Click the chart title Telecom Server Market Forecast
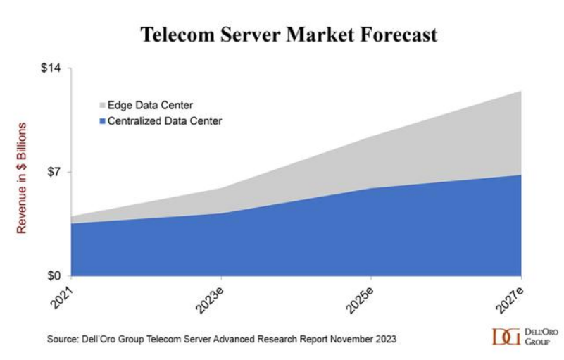[289, 35]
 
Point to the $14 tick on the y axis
[51, 68]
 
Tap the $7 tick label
[54, 172]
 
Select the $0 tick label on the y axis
[54, 275]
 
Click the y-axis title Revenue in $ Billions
[22, 178]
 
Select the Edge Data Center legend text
[150, 106]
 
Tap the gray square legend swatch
[102, 106]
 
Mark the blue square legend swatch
[102, 121]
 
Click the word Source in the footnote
[62, 339]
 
